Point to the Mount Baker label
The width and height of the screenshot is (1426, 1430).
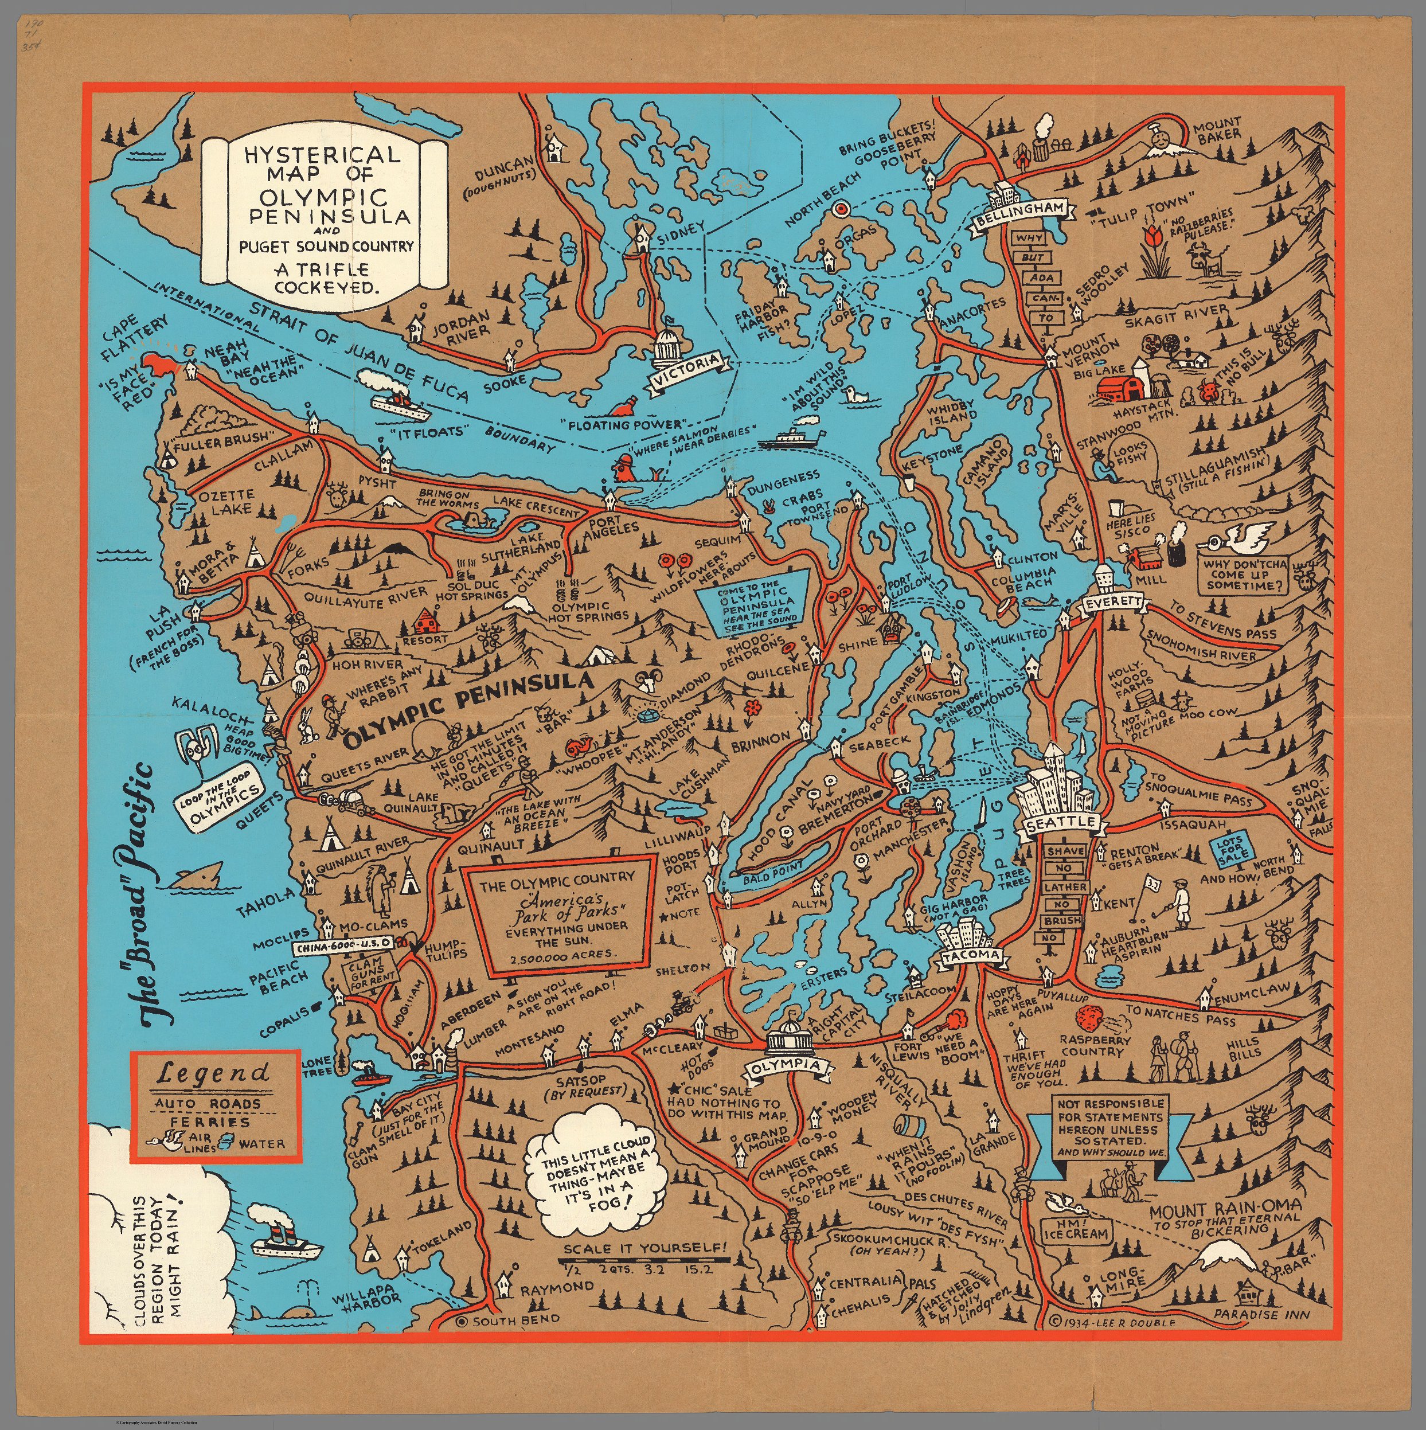pyautogui.click(x=1216, y=130)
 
